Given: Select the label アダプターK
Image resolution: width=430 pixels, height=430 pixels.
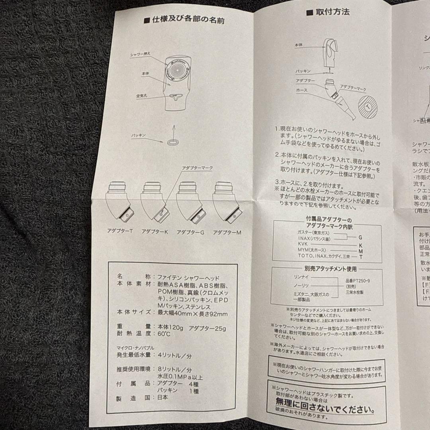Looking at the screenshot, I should (155, 232).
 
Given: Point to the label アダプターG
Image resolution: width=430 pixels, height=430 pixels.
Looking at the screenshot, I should (190, 232).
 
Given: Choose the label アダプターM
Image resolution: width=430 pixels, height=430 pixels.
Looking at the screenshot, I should (227, 232).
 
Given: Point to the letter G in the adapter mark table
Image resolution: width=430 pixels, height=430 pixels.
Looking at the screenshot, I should (360, 237).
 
